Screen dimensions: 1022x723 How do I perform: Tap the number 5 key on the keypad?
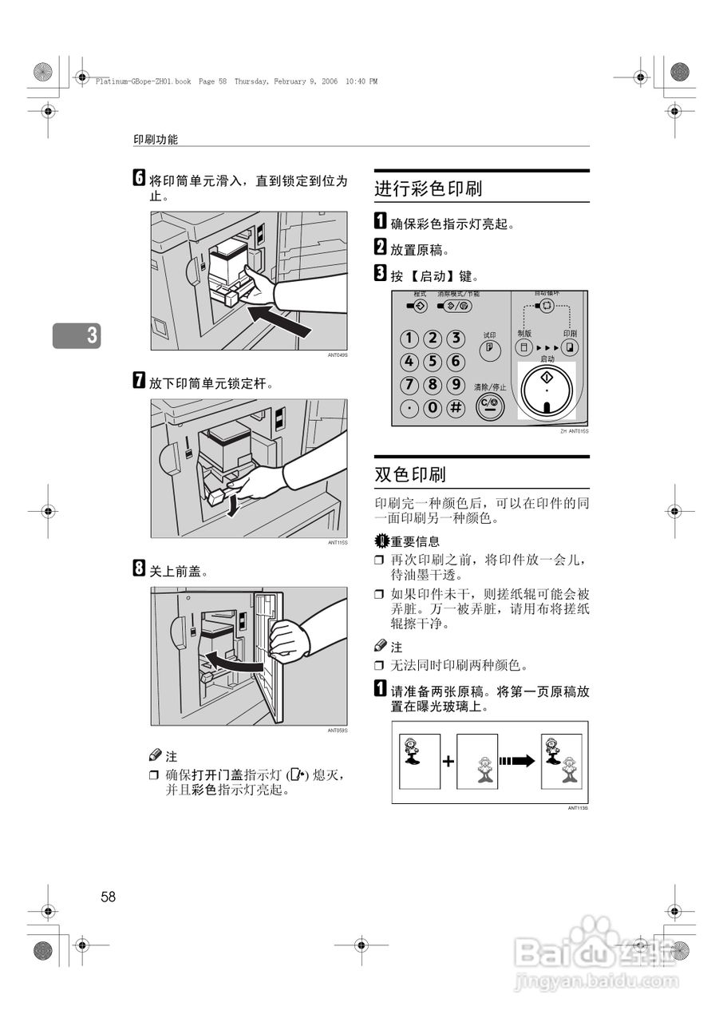433,361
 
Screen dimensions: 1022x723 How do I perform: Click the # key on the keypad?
456,408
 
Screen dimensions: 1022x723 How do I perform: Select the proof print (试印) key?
488,350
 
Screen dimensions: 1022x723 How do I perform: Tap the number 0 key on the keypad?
433,408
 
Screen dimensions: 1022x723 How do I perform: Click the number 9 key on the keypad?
456,385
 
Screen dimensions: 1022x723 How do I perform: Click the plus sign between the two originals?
448,762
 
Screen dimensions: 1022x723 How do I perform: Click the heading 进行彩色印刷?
429,189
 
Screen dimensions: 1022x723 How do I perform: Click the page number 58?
109,897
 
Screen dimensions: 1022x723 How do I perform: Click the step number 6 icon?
139,180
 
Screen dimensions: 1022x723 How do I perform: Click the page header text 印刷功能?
156,139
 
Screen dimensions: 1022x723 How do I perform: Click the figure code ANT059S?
338,731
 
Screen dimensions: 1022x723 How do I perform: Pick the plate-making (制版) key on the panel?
523,348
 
